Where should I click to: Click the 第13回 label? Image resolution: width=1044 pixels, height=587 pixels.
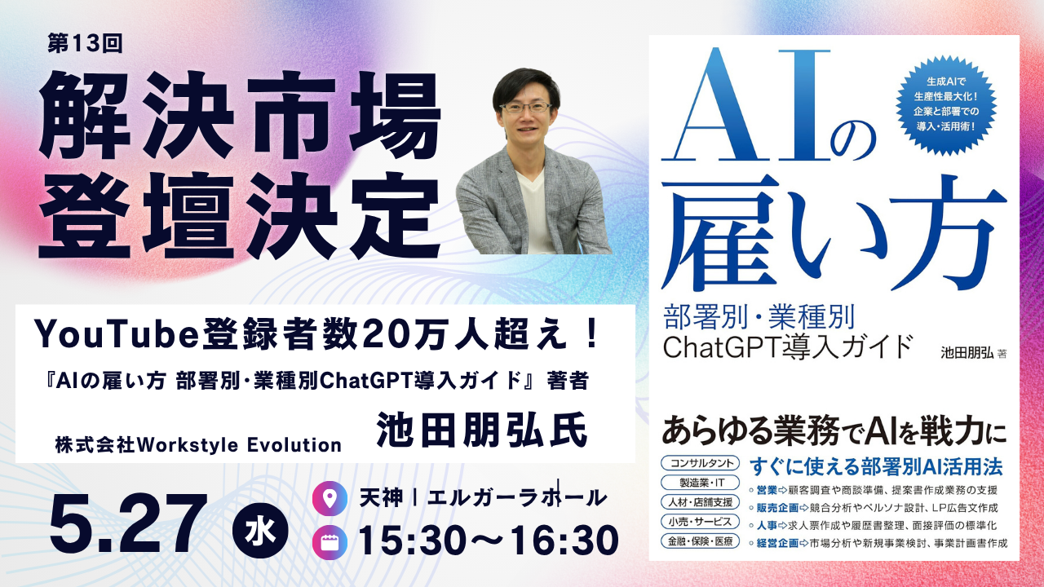pyautogui.click(x=85, y=44)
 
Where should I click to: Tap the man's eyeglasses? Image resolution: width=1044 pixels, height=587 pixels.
pyautogui.click(x=525, y=107)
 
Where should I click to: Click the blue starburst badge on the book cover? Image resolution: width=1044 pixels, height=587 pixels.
pyautogui.click(x=945, y=105)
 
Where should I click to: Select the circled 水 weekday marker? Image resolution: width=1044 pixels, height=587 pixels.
pyautogui.click(x=260, y=531)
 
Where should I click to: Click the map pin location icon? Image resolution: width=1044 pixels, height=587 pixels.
pyautogui.click(x=330, y=498)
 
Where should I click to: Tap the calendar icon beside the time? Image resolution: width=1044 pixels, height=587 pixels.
pyautogui.click(x=330, y=543)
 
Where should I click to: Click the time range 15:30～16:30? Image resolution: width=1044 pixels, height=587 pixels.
pyautogui.click(x=488, y=541)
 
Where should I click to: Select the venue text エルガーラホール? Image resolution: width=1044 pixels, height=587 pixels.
pyautogui.click(x=517, y=497)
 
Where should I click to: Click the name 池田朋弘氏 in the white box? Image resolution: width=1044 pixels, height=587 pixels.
pyautogui.click(x=481, y=430)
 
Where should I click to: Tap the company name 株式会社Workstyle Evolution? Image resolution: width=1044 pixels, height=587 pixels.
pyautogui.click(x=198, y=445)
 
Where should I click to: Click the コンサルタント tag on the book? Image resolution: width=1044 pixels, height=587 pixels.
pyautogui.click(x=700, y=463)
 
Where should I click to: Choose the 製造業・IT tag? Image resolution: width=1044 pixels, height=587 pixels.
pyautogui.click(x=700, y=483)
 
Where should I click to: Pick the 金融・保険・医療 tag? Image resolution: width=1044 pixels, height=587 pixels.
pyautogui.click(x=700, y=541)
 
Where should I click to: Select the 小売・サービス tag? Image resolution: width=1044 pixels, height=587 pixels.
pyautogui.click(x=700, y=522)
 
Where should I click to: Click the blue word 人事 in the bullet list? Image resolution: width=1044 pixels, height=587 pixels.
pyautogui.click(x=767, y=526)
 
